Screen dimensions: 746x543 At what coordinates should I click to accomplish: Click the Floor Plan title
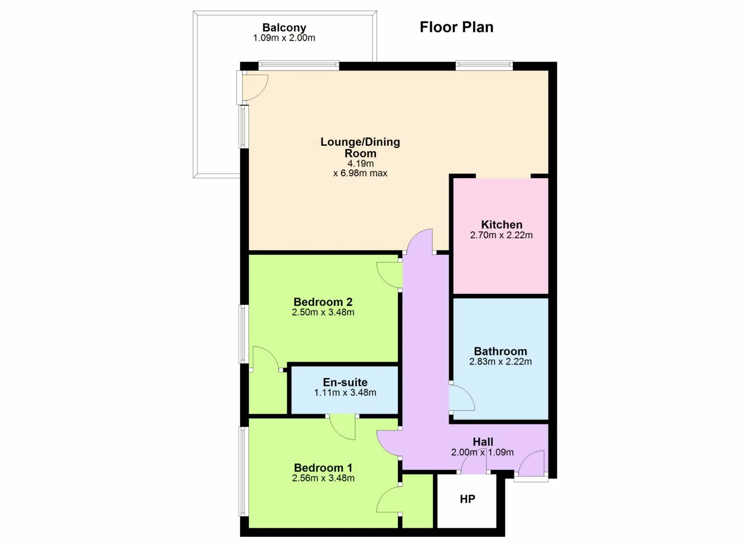pyautogui.click(x=456, y=27)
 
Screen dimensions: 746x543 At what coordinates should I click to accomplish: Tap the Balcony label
pyautogui.click(x=284, y=28)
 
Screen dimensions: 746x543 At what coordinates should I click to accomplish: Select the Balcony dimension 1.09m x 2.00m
pyautogui.click(x=284, y=38)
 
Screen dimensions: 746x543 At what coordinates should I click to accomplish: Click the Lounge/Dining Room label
pyautogui.click(x=360, y=147)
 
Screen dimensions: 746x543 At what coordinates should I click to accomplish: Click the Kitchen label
pyautogui.click(x=502, y=224)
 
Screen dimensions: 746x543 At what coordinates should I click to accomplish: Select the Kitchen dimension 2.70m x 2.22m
pyautogui.click(x=501, y=235)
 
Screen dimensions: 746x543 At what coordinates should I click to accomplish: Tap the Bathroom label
pyautogui.click(x=500, y=351)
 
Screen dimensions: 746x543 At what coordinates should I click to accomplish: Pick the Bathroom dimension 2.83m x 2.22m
pyautogui.click(x=500, y=362)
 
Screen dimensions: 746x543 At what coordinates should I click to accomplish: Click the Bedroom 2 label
pyautogui.click(x=323, y=302)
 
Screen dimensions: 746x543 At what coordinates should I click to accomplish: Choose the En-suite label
pyautogui.click(x=345, y=382)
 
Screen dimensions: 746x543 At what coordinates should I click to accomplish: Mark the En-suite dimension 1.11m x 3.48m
pyautogui.click(x=345, y=392)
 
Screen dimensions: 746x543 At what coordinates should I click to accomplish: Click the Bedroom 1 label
pyautogui.click(x=323, y=468)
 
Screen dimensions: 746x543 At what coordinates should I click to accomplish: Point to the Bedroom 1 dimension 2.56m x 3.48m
pyautogui.click(x=323, y=478)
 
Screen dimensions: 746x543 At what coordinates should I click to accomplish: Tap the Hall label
pyautogui.click(x=483, y=442)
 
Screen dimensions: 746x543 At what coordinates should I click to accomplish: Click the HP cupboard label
pyautogui.click(x=468, y=499)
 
